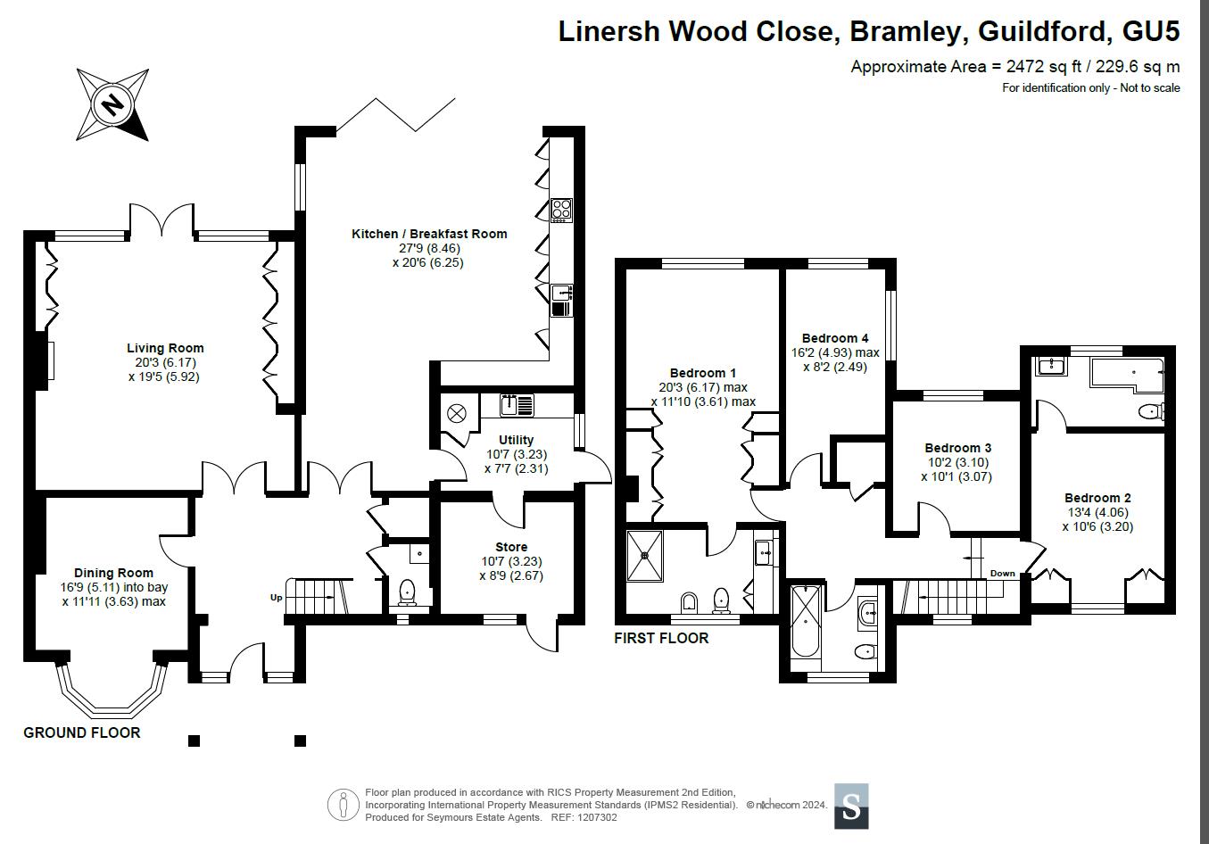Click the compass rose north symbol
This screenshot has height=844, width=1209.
[112, 104]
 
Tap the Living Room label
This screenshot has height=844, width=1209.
[165, 348]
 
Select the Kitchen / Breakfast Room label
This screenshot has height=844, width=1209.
[429, 234]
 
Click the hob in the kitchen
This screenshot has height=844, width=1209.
[561, 210]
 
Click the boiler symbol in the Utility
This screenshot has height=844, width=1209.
[457, 415]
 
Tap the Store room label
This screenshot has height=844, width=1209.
[511, 547]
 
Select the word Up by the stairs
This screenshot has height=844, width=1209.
[276, 598]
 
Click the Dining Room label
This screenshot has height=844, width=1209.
[113, 573]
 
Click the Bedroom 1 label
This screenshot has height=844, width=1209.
[703, 373]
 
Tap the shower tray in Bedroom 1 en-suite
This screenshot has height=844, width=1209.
[644, 556]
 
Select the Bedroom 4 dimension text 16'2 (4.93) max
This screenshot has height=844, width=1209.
[835, 352]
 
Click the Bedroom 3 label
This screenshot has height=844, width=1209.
[957, 448]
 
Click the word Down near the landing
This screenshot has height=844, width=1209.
[1002, 573]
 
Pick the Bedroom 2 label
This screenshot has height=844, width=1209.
[1097, 498]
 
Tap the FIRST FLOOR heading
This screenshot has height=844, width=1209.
[661, 638]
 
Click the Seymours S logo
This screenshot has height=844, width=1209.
[851, 807]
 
